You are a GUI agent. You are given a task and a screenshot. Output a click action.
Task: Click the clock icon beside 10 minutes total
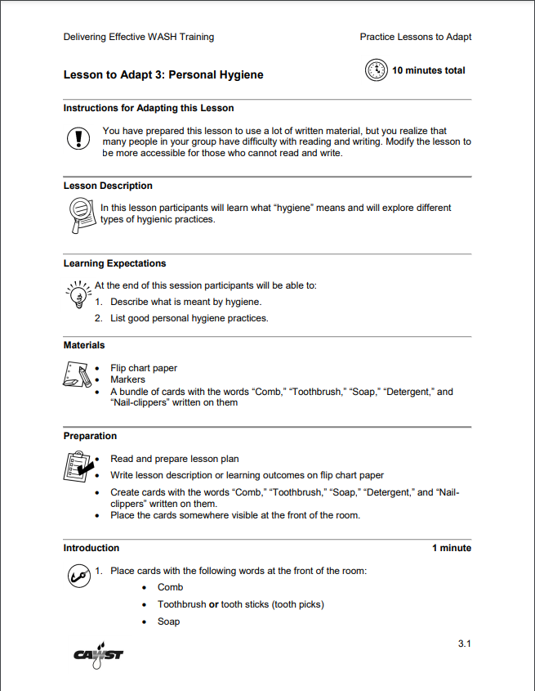[x=376, y=70]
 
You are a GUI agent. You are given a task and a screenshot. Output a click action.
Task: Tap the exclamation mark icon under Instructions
[x=78, y=139]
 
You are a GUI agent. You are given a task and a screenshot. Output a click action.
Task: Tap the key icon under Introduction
[x=78, y=575]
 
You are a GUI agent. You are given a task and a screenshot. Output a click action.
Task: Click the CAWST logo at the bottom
[x=98, y=654]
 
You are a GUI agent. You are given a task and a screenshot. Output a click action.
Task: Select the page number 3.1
[x=464, y=644]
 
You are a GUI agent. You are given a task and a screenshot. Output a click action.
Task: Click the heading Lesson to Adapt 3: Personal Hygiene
[x=163, y=75]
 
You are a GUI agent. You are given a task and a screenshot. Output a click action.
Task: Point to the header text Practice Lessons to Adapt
[x=415, y=37]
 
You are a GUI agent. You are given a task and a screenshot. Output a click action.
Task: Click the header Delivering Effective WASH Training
[x=138, y=37]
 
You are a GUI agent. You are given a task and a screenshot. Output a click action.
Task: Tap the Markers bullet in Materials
[x=127, y=379]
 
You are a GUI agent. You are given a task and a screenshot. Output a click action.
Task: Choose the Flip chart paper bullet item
[x=144, y=368]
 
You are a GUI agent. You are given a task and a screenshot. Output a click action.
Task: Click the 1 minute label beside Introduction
[x=451, y=548]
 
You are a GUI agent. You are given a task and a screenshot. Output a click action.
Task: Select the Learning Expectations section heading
[x=114, y=263]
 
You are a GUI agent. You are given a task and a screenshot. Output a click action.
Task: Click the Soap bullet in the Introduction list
[x=168, y=621]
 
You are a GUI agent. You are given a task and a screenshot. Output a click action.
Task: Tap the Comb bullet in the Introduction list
[x=170, y=587]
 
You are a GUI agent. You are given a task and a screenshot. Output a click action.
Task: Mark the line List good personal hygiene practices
[x=189, y=318]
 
